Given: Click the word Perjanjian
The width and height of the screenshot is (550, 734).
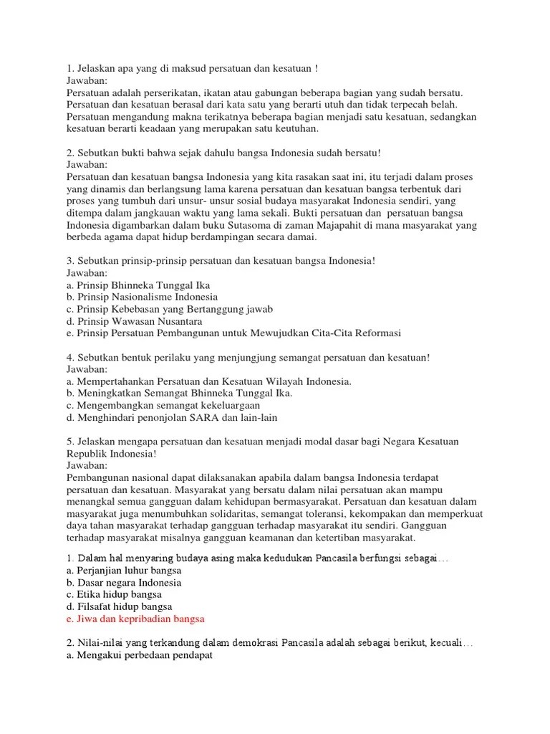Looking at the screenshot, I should click(101, 570).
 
